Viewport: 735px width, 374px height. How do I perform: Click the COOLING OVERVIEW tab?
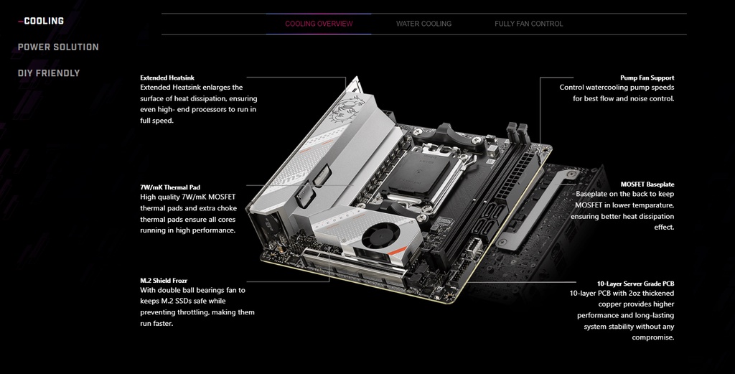tap(319, 24)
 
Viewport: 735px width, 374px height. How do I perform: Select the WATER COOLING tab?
tap(423, 24)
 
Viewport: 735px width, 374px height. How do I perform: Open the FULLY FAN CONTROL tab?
tap(529, 24)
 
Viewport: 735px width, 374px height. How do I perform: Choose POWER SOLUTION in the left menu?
tap(58, 47)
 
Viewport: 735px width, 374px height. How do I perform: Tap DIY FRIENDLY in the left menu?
tap(49, 73)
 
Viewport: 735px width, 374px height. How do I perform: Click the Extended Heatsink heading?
tap(167, 78)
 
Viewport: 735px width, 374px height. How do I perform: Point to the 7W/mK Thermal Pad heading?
tap(170, 187)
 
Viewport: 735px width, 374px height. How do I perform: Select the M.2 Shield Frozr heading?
tap(164, 281)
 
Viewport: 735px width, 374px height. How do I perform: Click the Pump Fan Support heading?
tap(647, 78)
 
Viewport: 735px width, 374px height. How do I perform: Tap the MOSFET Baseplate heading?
tap(647, 184)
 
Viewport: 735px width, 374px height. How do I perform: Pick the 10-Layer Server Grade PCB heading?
tap(636, 284)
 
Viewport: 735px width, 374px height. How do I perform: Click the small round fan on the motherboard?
tap(380, 234)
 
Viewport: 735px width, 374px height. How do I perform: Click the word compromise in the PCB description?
tap(653, 337)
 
